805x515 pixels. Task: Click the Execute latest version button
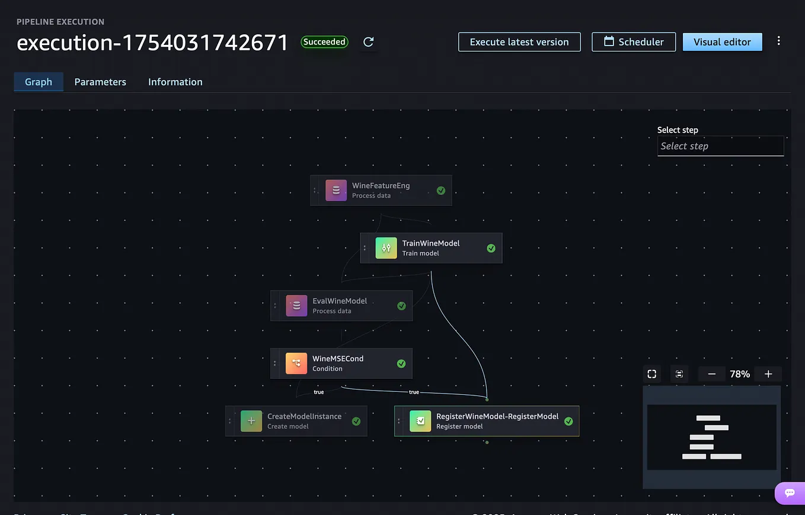519,42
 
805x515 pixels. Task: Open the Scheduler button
633,42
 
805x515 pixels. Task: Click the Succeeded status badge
324,42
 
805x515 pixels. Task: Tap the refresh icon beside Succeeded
368,42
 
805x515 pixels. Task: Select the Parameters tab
100,82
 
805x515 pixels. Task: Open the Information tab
175,82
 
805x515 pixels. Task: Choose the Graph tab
39,82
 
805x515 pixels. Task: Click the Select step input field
720,146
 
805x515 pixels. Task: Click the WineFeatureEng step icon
336,190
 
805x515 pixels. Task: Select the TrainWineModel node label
431,243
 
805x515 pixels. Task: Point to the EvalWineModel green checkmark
401,306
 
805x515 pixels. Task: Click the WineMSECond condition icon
296,363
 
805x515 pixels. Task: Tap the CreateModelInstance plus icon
251,421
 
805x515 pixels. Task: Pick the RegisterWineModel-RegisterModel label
497,416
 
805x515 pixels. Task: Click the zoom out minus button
712,374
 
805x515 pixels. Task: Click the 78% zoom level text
740,374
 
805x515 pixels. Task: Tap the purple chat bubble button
790,493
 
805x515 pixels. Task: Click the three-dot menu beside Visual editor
779,41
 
